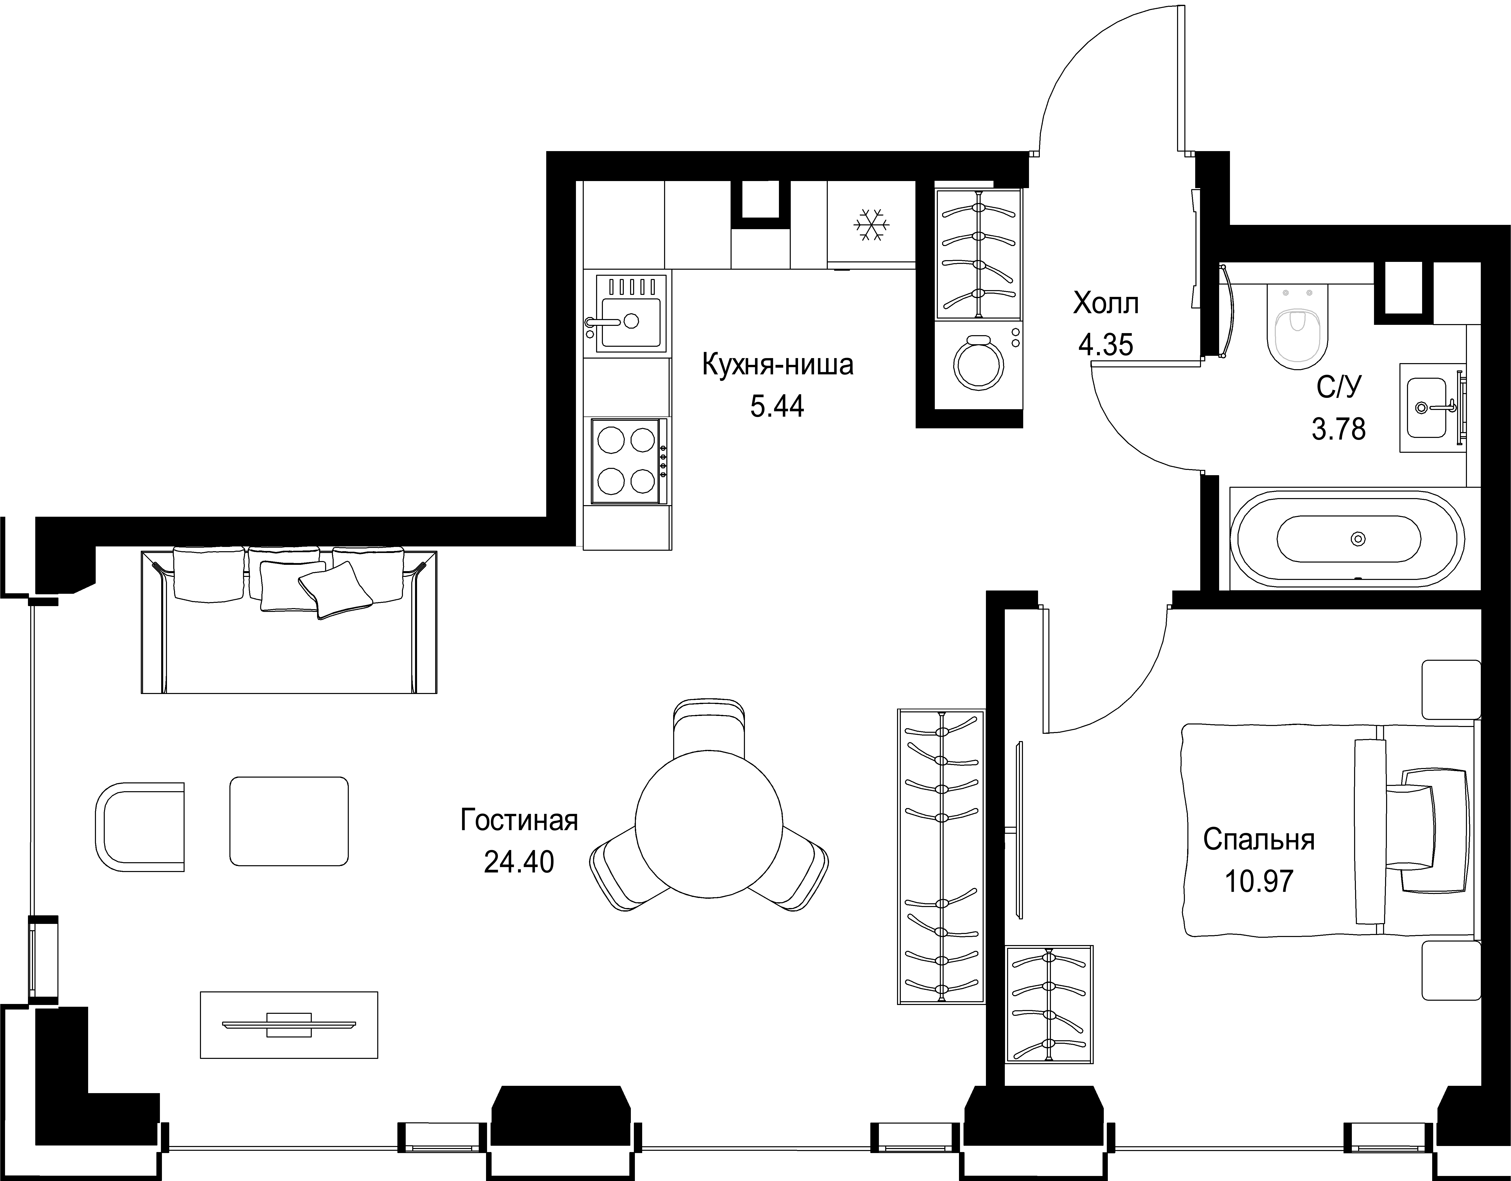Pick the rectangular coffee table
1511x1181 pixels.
289,821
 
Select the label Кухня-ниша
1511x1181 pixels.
778,365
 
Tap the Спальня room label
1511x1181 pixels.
1258,840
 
